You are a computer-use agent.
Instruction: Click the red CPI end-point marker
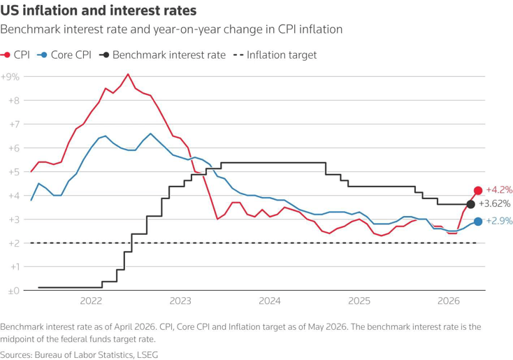(x=478, y=190)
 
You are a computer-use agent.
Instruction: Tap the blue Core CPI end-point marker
(x=478, y=222)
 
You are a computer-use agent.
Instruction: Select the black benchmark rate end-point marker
(x=470, y=205)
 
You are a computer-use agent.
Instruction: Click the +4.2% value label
(x=499, y=190)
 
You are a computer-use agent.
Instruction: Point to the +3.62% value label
(x=494, y=204)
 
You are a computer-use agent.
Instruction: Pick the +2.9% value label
(x=499, y=221)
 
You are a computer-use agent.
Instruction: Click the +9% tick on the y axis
(x=10, y=77)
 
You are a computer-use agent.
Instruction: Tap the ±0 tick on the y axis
(x=14, y=291)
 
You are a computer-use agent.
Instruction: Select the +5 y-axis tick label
(x=14, y=172)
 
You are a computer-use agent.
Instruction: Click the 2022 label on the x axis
(x=91, y=301)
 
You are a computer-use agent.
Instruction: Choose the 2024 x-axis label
(x=270, y=301)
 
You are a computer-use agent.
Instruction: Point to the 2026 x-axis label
(x=449, y=301)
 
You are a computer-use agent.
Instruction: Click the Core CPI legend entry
(x=64, y=55)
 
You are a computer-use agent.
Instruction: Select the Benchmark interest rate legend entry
(x=162, y=55)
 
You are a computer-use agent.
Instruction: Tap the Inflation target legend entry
(x=275, y=55)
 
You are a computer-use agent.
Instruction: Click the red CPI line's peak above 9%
(x=128, y=74)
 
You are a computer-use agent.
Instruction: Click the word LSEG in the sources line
(x=147, y=355)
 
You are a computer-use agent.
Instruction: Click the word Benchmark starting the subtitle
(x=31, y=29)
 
